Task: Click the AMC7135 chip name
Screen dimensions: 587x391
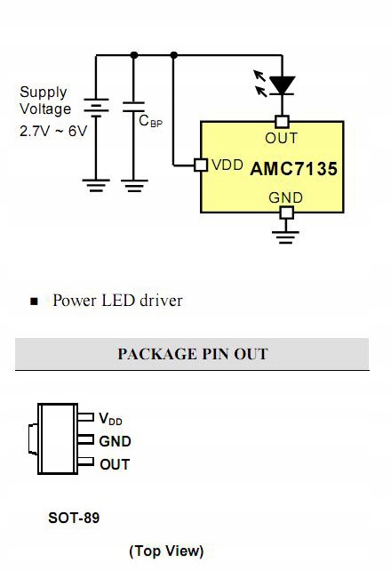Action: [294, 168]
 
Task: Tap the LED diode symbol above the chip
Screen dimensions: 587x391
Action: [283, 85]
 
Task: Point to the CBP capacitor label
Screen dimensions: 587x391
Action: [151, 122]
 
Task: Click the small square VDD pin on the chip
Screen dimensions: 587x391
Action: [201, 165]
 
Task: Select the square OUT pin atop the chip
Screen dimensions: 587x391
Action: [283, 121]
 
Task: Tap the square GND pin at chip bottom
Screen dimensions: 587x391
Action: [285, 213]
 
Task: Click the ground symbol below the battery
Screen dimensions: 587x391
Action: [95, 185]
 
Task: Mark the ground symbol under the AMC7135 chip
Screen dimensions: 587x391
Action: [285, 237]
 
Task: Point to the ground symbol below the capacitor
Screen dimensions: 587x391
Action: [134, 185]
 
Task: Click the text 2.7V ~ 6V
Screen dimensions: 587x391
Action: [53, 130]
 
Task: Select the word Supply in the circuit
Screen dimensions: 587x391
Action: [43, 92]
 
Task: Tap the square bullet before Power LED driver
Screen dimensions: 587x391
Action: [35, 302]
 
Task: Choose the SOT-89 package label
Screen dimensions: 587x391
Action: [74, 518]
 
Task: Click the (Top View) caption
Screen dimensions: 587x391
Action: [166, 551]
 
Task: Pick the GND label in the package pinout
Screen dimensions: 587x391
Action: [115, 441]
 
